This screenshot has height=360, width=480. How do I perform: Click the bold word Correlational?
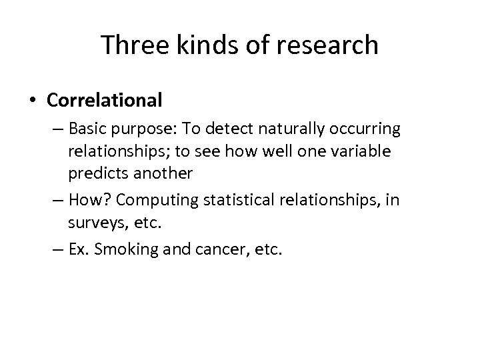click(105, 100)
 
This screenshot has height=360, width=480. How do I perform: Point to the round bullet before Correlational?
click(33, 101)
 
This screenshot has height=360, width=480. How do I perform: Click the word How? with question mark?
click(86, 200)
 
